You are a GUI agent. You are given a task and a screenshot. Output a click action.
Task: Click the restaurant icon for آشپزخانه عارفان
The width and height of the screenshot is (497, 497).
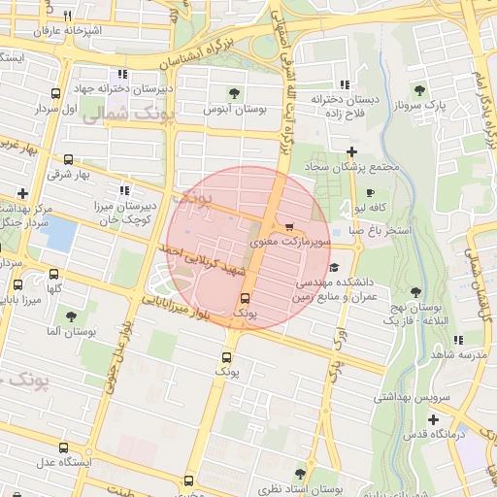tap(66, 17)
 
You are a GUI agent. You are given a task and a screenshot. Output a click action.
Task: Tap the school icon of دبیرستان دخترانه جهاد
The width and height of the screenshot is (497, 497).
tap(122, 74)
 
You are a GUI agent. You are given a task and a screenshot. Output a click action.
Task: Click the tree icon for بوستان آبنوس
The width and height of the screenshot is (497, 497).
tap(234, 94)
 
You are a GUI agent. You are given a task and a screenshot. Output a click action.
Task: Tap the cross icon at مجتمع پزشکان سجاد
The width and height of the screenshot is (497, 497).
tap(351, 151)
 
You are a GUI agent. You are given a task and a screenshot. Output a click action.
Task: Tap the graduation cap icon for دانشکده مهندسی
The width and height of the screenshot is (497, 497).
tap(335, 266)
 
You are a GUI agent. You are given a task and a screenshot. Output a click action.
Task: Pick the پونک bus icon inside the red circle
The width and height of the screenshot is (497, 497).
tap(244, 298)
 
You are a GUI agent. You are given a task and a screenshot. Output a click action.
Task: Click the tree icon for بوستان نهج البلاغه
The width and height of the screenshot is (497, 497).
tap(415, 292)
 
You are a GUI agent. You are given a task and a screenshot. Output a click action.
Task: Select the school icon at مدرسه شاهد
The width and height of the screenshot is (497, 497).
tap(458, 340)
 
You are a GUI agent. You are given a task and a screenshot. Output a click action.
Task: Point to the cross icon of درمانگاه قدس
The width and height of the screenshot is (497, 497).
tap(433, 419)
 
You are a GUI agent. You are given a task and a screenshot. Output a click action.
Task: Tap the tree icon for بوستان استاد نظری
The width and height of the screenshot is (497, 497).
tap(299, 474)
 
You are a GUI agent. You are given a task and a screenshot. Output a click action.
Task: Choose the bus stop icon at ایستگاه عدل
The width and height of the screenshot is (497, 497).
tap(64, 447)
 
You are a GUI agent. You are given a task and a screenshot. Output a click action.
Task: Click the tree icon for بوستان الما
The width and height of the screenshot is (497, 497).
tap(70, 315)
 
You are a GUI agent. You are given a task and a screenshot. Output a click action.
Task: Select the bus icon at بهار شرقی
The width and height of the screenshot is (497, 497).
tap(68, 160)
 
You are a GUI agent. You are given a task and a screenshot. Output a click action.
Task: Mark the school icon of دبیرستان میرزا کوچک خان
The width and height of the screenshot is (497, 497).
tap(123, 191)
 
